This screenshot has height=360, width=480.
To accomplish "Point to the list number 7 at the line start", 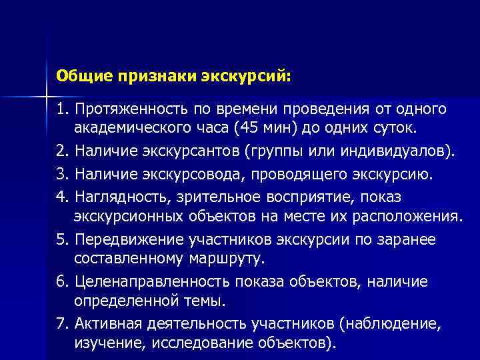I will tap(61, 325).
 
